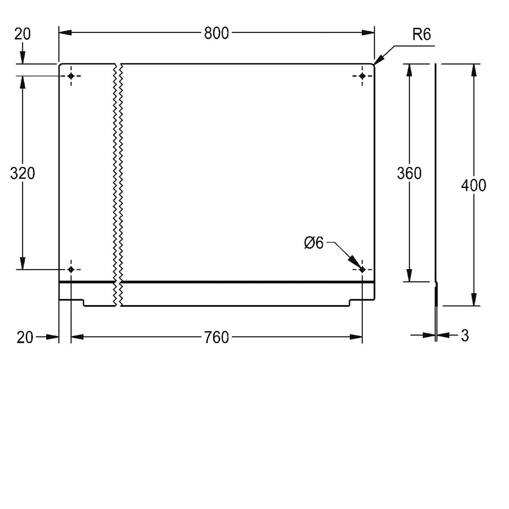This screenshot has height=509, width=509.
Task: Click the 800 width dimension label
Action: coord(216,33)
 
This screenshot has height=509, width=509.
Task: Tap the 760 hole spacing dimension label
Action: coord(216,337)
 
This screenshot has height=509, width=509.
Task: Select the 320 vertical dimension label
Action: coord(23,173)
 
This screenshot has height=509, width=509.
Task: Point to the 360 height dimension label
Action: coord(409,173)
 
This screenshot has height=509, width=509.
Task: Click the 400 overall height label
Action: coord(474,185)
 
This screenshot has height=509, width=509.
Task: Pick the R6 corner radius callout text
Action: coord(422,34)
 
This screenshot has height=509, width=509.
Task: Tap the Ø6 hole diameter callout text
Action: coord(313,243)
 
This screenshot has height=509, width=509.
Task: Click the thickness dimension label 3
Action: coord(465,336)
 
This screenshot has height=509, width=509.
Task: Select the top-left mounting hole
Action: coord(71,76)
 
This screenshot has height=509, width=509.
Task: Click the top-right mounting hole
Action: coord(362,76)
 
